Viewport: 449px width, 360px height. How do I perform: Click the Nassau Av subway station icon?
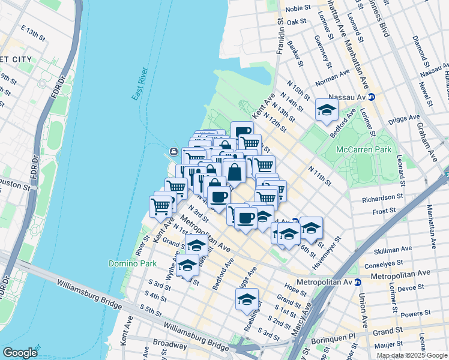pyautogui.click(x=372, y=96)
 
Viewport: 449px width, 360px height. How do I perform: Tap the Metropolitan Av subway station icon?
pyautogui.click(x=358, y=281)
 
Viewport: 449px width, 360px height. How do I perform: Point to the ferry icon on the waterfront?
pyautogui.click(x=173, y=151)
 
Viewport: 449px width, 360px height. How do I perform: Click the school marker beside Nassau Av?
pyautogui.click(x=327, y=110)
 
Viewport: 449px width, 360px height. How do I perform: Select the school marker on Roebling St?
pyautogui.click(x=247, y=299)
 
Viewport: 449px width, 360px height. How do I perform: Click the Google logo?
pyautogui.click(x=20, y=352)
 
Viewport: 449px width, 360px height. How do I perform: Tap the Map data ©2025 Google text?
pyautogui.click(x=412, y=355)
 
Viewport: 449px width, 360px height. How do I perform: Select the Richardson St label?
pyautogui.click(x=382, y=197)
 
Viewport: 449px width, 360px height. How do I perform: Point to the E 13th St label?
pyautogui.click(x=33, y=32)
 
